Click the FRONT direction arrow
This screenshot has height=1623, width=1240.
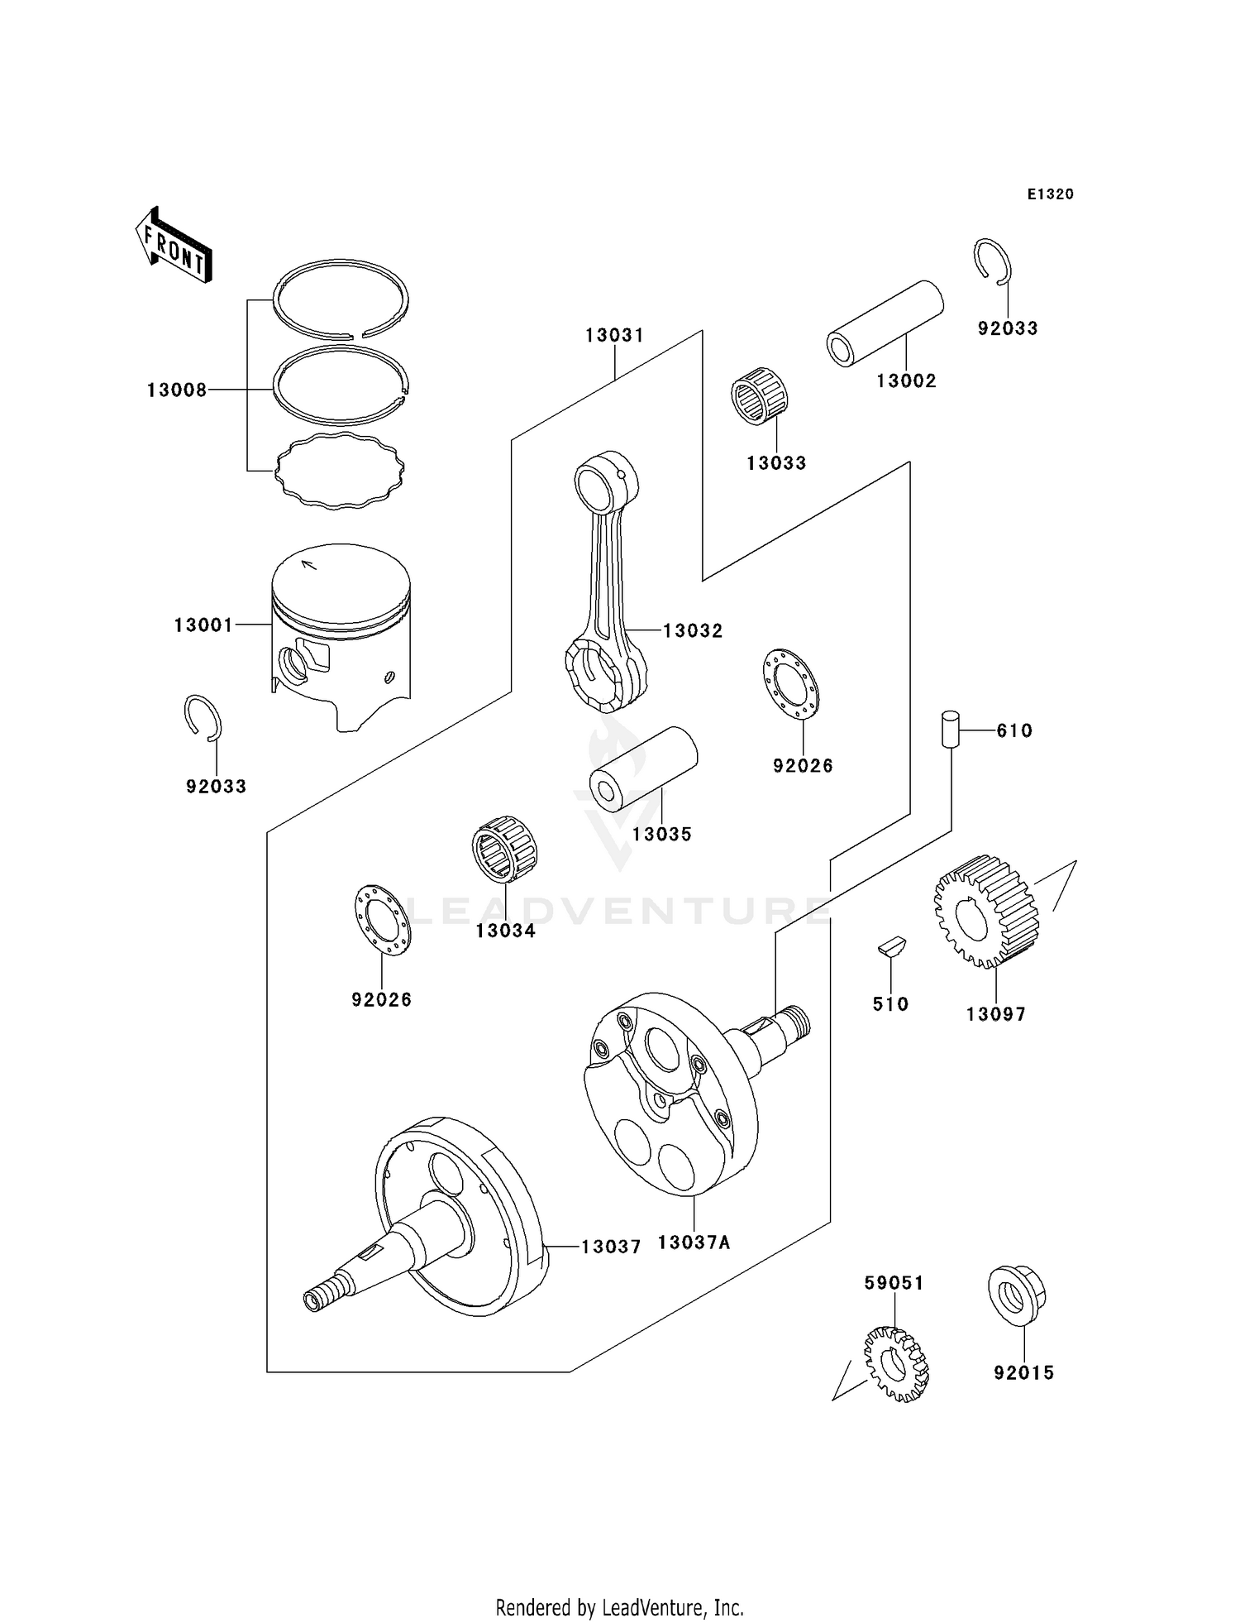[x=174, y=245]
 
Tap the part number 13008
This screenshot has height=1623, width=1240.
[x=177, y=390]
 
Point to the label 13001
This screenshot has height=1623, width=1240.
[x=203, y=625]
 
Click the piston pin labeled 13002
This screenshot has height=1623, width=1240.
[x=885, y=323]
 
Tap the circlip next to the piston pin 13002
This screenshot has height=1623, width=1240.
[x=992, y=262]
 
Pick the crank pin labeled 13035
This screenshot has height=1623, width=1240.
[x=643, y=769]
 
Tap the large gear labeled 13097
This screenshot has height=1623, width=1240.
[x=986, y=912]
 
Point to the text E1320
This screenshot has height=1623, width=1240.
[x=1051, y=194]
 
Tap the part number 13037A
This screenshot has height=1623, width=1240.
[x=694, y=1242]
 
